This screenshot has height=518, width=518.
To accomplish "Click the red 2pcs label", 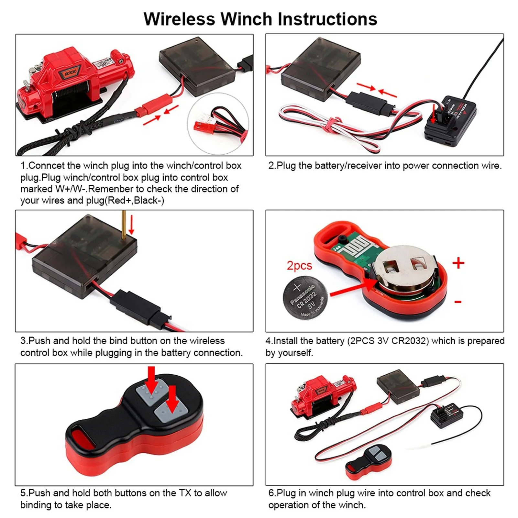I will point(299,266).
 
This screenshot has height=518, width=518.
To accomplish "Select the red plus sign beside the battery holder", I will point(458,263).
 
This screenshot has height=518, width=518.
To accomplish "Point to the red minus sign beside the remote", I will point(457,302).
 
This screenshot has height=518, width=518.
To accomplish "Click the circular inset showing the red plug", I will point(218,124).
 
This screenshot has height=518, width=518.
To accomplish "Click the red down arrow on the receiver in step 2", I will point(434,113).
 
